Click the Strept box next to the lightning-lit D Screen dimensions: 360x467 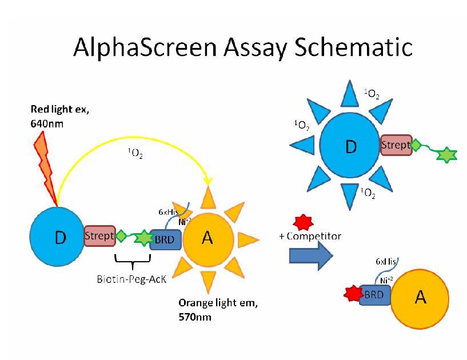pyautogui.click(x=99, y=235)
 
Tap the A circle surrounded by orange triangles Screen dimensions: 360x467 pyautogui.click(x=207, y=238)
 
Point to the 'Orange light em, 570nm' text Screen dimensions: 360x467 pyautogui.click(x=218, y=309)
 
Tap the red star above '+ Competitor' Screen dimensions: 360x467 pyautogui.click(x=301, y=221)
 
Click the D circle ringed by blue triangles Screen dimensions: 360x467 pyautogui.click(x=350, y=146)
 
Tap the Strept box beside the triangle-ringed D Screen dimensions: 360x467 pyautogui.click(x=396, y=146)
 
